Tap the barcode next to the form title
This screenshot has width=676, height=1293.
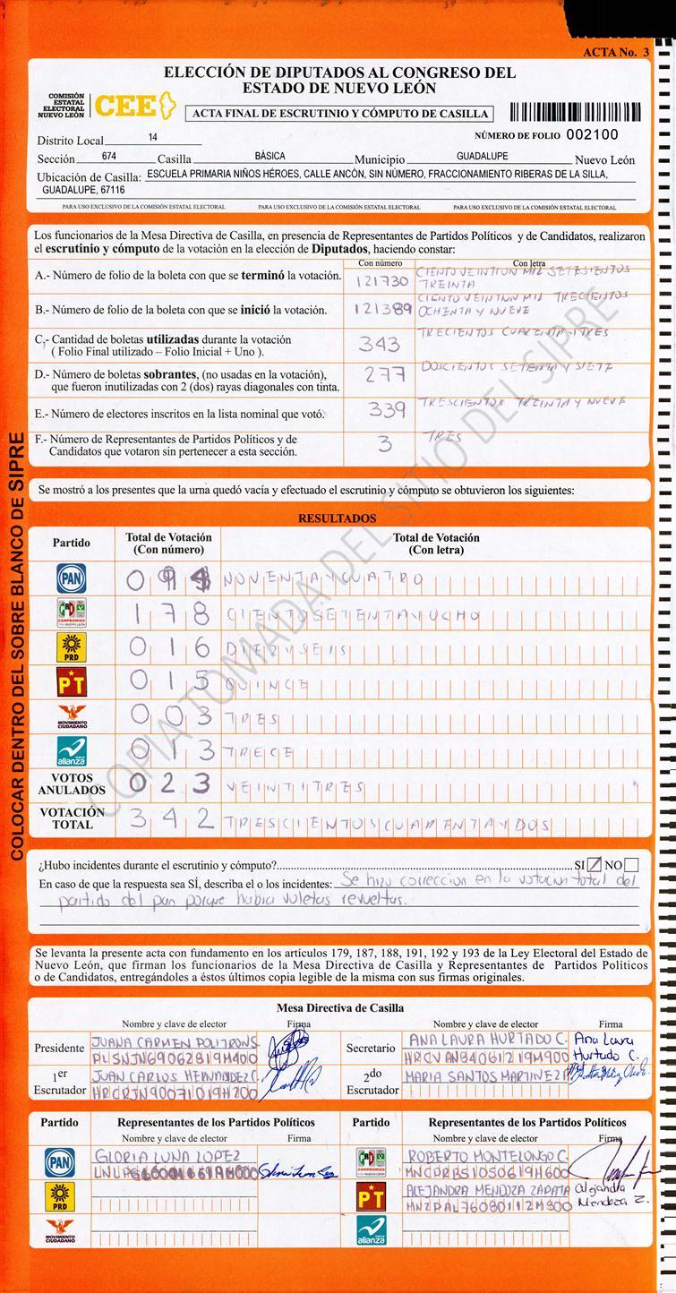click(x=575, y=113)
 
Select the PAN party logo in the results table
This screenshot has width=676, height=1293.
click(x=71, y=578)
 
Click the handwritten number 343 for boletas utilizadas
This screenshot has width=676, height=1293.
click(x=379, y=344)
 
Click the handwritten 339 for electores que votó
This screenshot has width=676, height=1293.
click(x=386, y=410)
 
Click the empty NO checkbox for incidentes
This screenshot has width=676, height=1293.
click(x=631, y=865)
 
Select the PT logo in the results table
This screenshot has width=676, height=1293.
click(x=71, y=683)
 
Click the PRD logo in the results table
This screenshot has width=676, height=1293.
click(x=71, y=647)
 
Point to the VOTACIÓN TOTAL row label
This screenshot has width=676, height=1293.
click(x=73, y=818)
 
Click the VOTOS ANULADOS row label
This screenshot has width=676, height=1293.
click(x=72, y=784)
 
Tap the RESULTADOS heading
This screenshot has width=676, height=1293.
click(x=337, y=518)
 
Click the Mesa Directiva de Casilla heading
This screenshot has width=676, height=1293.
click(x=339, y=1007)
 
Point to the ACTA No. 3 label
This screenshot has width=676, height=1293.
click(x=615, y=52)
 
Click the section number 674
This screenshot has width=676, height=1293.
click(x=109, y=156)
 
